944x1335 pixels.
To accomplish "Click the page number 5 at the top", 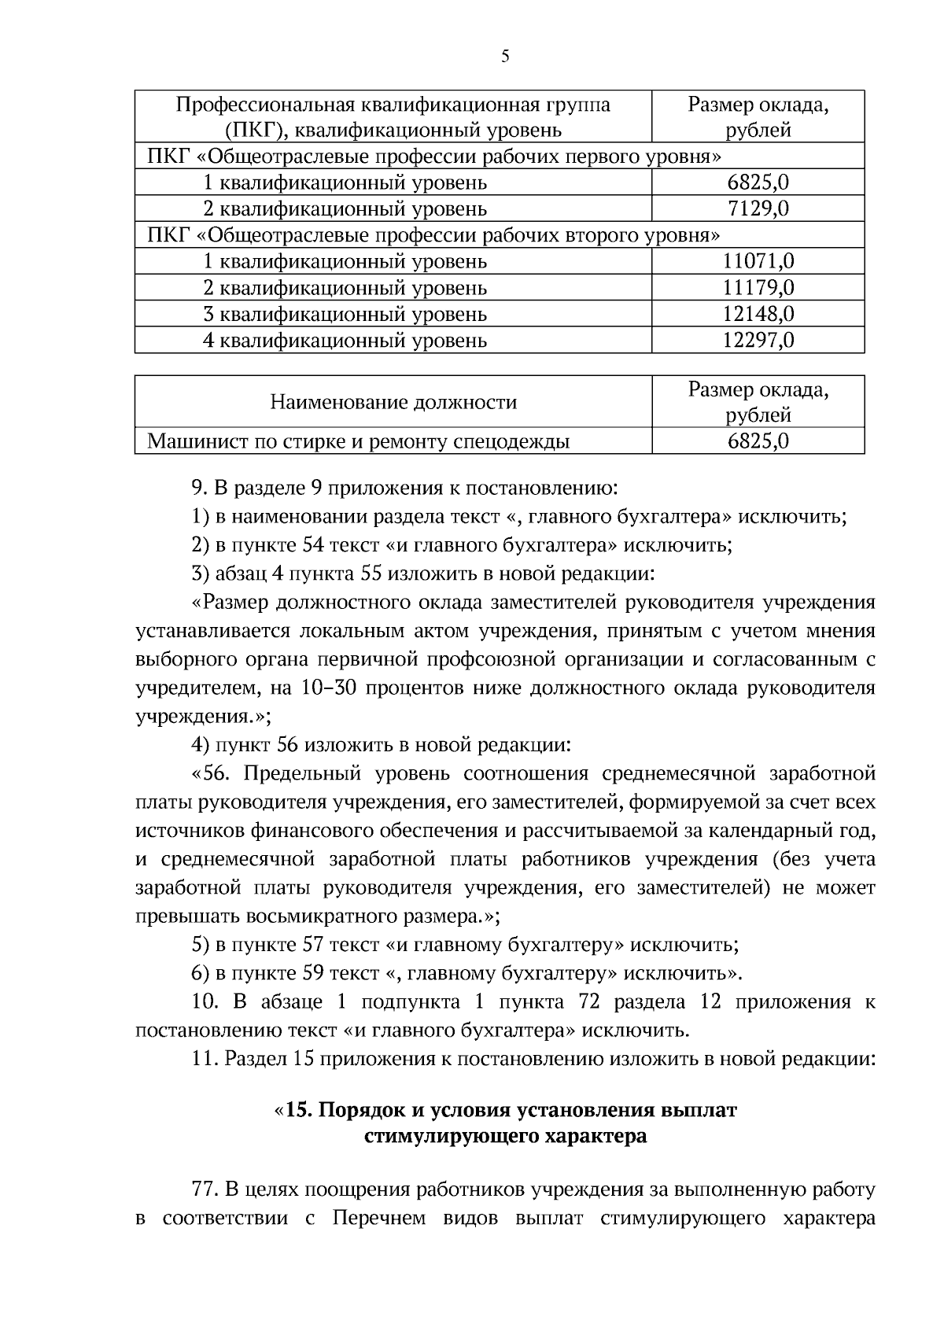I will pos(504,56).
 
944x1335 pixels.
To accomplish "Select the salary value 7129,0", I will pos(758,209).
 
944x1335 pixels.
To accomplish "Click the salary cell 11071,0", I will pos(758,261).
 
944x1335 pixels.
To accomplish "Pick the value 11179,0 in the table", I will pos(758,288).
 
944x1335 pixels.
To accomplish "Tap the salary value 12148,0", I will pos(758,315).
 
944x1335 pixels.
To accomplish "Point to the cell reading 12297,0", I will pos(758,341).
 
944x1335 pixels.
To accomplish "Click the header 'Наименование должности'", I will pos(393,403).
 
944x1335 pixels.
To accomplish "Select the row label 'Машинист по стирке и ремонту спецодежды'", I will pos(358,442).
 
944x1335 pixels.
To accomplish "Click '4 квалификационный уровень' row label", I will pos(345,341).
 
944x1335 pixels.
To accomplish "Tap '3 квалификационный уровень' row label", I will pos(345,315).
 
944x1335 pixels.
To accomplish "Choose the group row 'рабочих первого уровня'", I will pos(433,157).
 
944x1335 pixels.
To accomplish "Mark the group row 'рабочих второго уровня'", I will pos(433,235).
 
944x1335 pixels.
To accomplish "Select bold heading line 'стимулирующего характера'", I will pos(505,1137).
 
